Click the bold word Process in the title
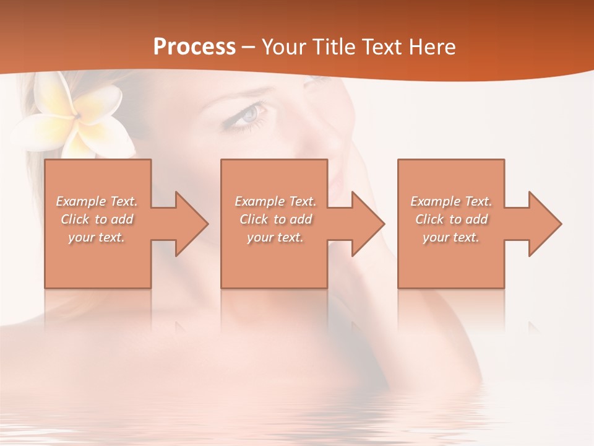click(x=194, y=47)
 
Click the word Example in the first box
click(x=81, y=201)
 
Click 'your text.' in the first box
click(x=97, y=237)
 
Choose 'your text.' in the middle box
click(x=275, y=237)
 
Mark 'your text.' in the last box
click(x=451, y=237)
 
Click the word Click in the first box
click(x=75, y=219)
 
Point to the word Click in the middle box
click(x=254, y=219)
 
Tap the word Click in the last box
click(x=429, y=219)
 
